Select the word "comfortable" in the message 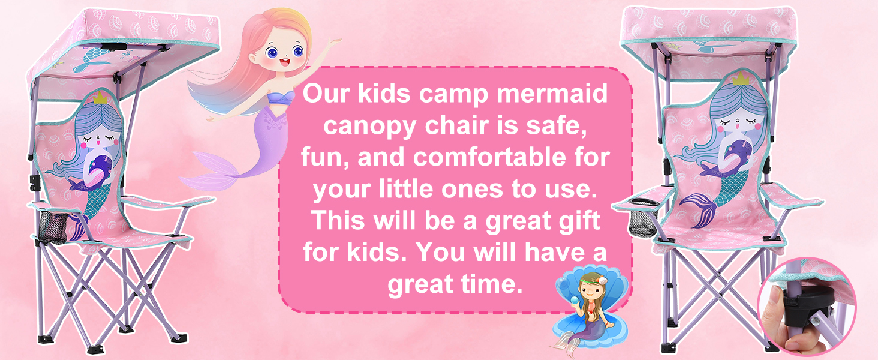(490, 157)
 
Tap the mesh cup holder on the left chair (53, 227)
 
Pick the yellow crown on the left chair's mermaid (100, 98)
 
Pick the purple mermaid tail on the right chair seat (702, 208)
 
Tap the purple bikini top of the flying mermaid (281, 98)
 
